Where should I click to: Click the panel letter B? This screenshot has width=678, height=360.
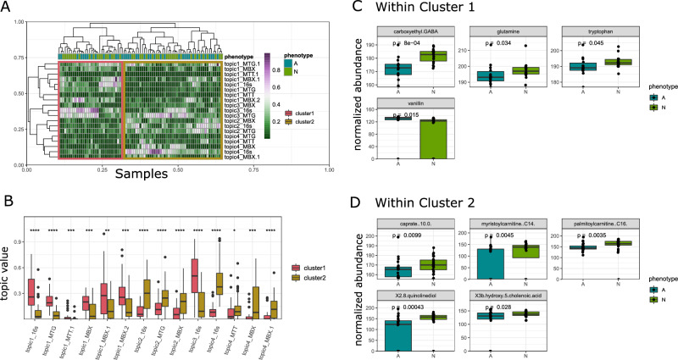8,202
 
